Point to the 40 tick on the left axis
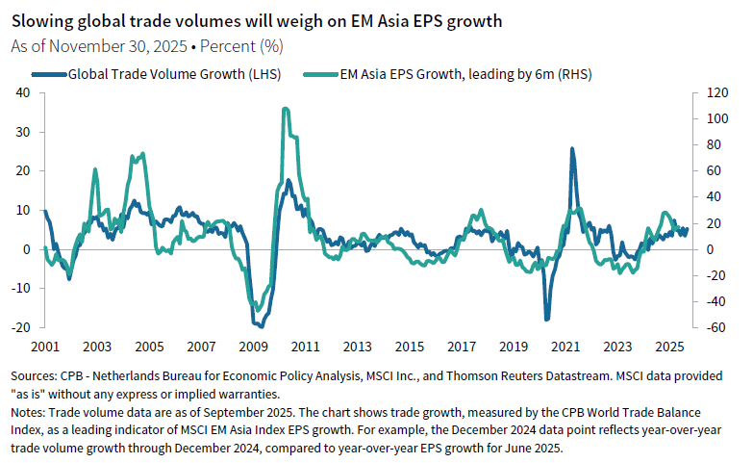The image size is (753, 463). pos(23,92)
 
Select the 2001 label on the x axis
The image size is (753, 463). pos(44,346)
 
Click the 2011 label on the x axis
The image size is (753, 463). pos(305,346)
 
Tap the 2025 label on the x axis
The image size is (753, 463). pos(668,346)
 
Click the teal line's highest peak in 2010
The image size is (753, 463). pos(285,109)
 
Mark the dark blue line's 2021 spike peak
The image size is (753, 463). pos(572,149)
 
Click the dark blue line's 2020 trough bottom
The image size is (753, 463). pos(547,319)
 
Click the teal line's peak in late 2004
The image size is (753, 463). pos(143,154)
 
